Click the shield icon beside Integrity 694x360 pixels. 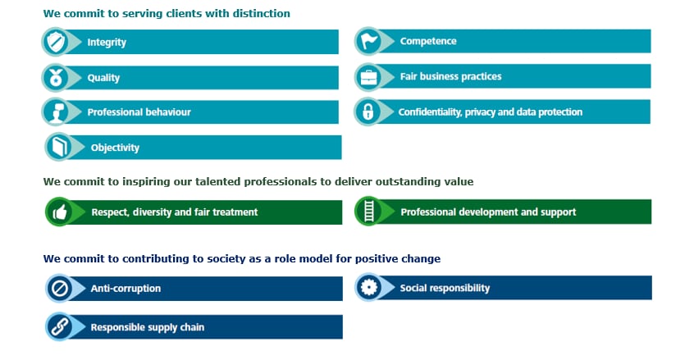tap(57, 42)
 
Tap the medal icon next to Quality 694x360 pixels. tap(56, 78)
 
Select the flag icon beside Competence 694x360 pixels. tap(368, 41)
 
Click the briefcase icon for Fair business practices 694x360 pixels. tap(368, 77)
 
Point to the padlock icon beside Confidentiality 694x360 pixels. tap(368, 112)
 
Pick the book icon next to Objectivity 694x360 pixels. tap(59, 148)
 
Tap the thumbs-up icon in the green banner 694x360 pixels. tap(60, 212)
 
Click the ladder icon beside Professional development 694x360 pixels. tap(368, 212)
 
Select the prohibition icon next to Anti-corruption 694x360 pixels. tap(60, 289)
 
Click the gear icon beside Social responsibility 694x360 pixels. tap(368, 288)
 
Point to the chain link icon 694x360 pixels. tap(60, 327)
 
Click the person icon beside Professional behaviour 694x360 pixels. tap(57, 112)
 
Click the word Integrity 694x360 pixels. tap(107, 43)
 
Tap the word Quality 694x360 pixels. tap(103, 78)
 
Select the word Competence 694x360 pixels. tap(428, 41)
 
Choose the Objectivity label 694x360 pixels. tap(115, 148)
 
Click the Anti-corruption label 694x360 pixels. tap(126, 289)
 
